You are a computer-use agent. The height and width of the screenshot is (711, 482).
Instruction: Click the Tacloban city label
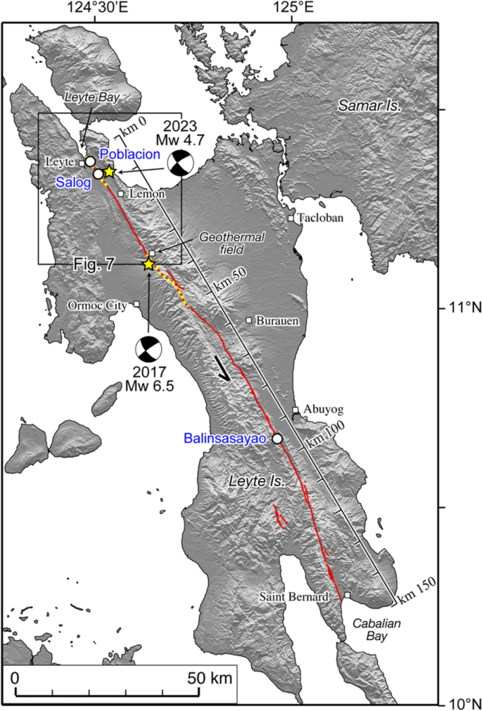[320, 218]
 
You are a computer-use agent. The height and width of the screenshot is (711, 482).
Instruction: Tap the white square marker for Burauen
[249, 320]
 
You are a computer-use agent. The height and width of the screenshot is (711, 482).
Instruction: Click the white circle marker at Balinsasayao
[277, 438]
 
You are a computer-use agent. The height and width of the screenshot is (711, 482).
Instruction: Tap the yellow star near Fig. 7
[148, 264]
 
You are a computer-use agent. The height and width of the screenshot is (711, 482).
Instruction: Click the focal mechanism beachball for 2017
[147, 348]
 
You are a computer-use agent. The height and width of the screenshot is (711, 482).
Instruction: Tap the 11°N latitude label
[458, 307]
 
